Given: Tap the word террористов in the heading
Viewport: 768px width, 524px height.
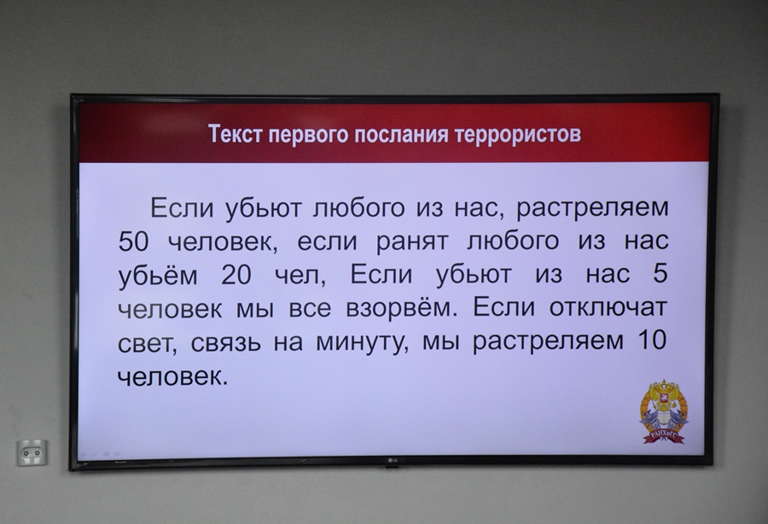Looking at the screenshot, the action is pos(518,134).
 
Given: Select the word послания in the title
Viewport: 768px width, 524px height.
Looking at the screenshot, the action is pos(401,134).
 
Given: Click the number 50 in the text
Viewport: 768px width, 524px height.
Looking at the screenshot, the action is pos(133,242).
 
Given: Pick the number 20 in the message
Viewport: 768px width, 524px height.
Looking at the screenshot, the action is pos(236,275).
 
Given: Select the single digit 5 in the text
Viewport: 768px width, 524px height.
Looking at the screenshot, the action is pos(660,273).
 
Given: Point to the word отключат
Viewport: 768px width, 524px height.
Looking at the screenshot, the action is pos(608,307).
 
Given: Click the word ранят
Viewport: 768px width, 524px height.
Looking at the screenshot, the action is pos(411,242).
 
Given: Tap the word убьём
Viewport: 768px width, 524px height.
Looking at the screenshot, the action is pos(158,276).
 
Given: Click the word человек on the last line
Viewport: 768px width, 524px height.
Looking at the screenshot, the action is pos(173,377).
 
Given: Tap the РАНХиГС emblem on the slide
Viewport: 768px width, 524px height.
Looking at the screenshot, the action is pos(664,411).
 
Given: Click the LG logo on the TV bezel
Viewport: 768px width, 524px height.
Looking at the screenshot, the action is pos(393,460).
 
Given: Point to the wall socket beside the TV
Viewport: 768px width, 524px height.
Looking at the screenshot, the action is pos(32,453).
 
